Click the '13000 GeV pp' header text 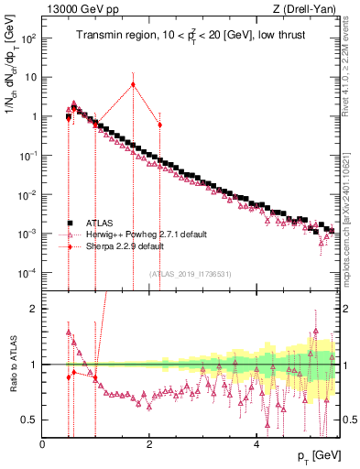[x=76, y=10]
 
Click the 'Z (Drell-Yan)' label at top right [x=310, y=10]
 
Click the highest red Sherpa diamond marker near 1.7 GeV [x=134, y=84]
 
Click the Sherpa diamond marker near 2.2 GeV [x=160, y=125]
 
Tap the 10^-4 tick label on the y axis [x=27, y=273]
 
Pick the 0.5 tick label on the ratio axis [x=29, y=420]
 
